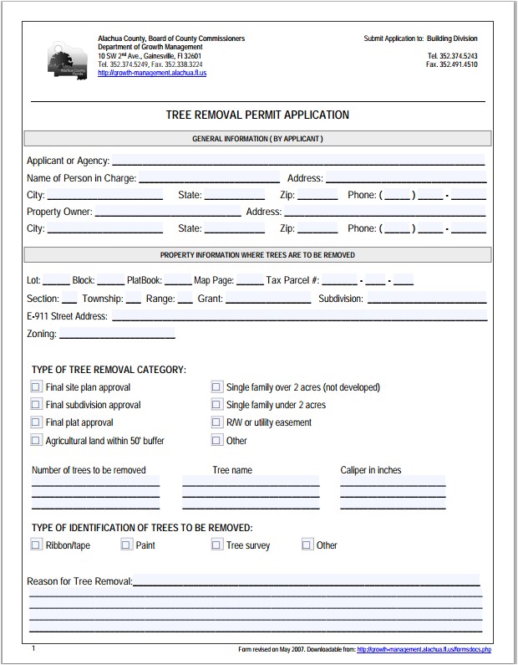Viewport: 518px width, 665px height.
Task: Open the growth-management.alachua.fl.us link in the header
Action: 151,74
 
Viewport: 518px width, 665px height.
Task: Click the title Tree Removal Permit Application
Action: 258,115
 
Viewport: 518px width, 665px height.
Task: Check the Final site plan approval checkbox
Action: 36,387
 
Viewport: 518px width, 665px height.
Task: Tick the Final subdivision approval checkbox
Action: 36,405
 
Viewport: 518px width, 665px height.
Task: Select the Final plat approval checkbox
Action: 36,422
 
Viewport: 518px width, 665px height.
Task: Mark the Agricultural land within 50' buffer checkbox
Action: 36,440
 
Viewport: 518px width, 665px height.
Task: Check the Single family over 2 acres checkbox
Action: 216,387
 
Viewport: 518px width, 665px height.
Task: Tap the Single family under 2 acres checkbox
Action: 216,405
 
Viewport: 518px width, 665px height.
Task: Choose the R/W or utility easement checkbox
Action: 216,422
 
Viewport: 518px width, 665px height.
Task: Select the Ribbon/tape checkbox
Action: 36,545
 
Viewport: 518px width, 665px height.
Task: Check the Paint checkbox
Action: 126,545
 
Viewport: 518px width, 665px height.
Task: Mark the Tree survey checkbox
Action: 216,545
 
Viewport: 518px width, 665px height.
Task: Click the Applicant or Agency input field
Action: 298,160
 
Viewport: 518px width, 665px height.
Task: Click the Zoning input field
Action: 117,334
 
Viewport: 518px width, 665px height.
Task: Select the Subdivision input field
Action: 426,299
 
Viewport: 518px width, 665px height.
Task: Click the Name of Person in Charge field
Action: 209,177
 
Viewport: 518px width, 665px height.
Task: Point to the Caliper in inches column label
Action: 371,470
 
